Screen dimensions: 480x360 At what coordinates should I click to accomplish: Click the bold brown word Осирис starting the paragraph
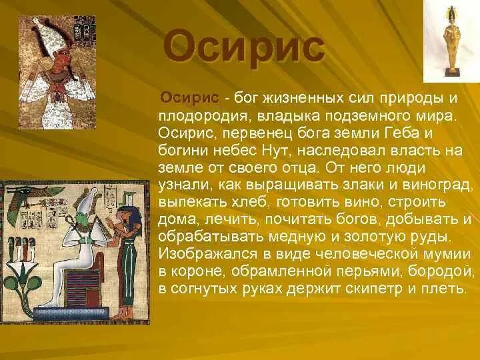point(190,98)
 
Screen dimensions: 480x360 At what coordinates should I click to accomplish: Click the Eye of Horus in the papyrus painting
point(21,192)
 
